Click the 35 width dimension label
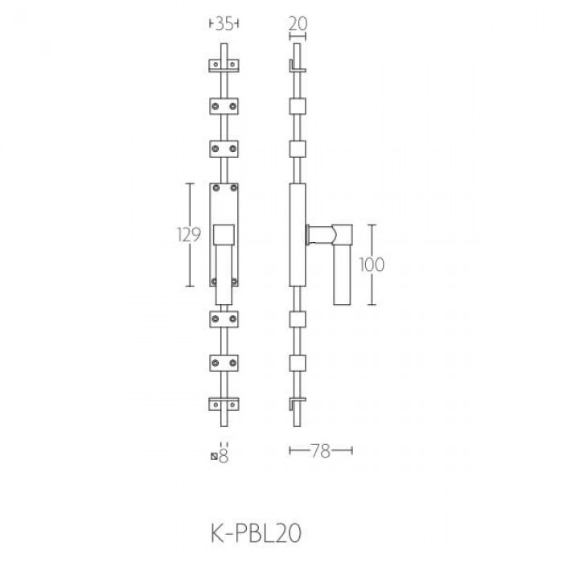tap(224, 24)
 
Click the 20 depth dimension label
tap(298, 23)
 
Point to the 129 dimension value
tap(189, 235)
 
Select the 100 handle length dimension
tap(372, 265)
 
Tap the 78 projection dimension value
tap(320, 450)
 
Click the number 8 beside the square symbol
tap(224, 457)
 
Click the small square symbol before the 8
tap(214, 457)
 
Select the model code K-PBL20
tap(256, 533)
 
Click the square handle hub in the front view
tap(224, 235)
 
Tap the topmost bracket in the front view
tap(224, 65)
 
